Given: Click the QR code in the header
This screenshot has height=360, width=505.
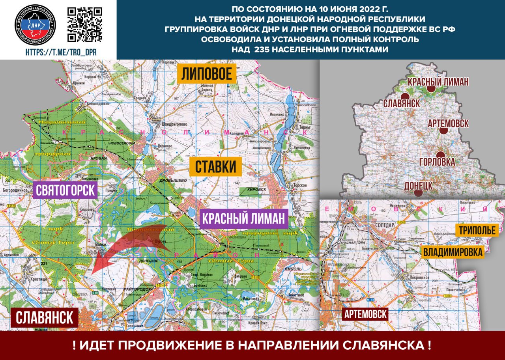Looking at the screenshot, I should click(x=85, y=24).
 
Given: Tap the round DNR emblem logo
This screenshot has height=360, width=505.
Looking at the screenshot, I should click(x=35, y=24).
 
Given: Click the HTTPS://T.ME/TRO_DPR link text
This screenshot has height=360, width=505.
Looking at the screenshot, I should click(x=61, y=52).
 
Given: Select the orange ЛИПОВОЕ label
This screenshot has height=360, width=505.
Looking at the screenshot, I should click(x=206, y=74).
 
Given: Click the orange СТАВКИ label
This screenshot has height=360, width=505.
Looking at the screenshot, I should click(x=215, y=167).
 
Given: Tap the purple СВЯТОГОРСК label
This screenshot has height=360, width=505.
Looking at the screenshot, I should click(x=65, y=191).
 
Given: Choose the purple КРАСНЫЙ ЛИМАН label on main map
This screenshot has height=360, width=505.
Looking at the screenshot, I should click(x=244, y=219).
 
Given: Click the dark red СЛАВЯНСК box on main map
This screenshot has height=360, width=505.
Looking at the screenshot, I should click(x=45, y=318).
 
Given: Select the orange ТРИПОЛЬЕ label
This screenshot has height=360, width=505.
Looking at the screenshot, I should click(x=477, y=230).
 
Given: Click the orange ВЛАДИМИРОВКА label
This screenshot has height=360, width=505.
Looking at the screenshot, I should click(x=453, y=252).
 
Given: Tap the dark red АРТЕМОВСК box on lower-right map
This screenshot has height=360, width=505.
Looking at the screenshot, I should click(x=365, y=314).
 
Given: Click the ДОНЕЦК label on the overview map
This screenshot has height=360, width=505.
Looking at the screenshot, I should click(x=419, y=185).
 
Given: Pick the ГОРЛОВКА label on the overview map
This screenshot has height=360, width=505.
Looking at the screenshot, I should click(x=437, y=162).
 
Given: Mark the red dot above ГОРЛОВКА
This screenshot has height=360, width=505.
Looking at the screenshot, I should click(x=440, y=155).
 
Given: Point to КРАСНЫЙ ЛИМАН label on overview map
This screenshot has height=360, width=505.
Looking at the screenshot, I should click(x=438, y=82).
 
